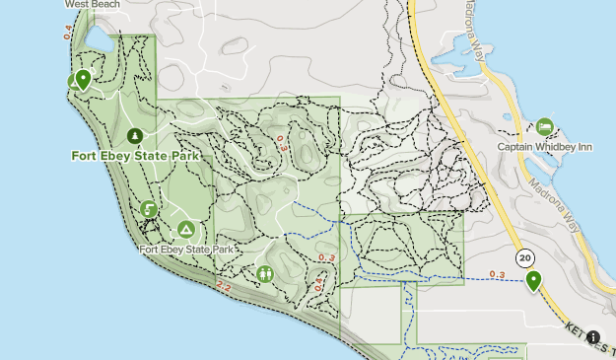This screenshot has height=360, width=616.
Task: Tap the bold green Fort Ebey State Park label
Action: [x=136, y=156]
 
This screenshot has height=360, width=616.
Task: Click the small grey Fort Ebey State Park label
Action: [x=186, y=250]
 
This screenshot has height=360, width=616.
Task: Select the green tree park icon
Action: [x=135, y=136]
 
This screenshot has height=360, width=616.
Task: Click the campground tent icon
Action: [x=185, y=229]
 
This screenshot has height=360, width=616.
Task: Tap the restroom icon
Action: [x=265, y=273]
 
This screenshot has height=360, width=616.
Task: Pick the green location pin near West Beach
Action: [x=83, y=79]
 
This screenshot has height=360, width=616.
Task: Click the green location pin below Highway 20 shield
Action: [x=533, y=281]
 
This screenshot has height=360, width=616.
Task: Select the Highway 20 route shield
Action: [x=524, y=257]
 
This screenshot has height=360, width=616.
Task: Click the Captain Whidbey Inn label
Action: [x=544, y=147]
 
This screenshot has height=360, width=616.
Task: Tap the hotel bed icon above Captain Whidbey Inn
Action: [x=544, y=127]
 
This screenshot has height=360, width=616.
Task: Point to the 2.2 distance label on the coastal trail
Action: [x=223, y=286]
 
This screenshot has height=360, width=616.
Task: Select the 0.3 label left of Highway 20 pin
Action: [x=497, y=274]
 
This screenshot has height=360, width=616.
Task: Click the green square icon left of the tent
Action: [x=148, y=209]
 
